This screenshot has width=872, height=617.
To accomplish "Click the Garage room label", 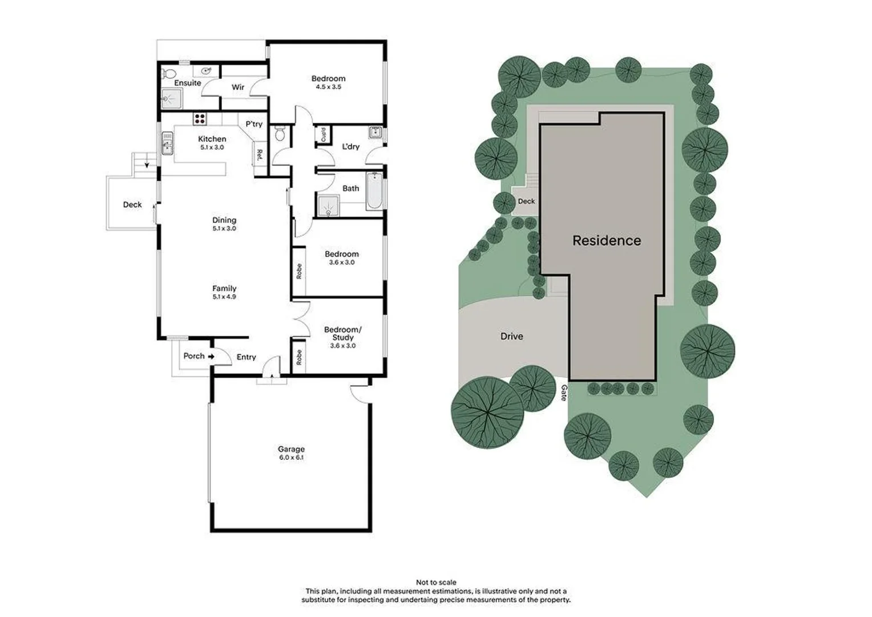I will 291,449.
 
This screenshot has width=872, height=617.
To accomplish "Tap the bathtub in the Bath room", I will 374,190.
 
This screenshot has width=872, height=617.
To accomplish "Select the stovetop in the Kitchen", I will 200,119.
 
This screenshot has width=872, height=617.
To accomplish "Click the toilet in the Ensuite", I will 168,74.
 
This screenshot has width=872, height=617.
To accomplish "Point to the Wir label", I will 238,87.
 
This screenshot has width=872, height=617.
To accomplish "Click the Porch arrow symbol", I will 211,356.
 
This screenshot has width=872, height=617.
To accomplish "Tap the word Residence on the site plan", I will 607,241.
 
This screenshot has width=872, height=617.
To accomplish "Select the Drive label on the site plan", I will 511,336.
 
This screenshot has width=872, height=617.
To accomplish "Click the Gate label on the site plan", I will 564,392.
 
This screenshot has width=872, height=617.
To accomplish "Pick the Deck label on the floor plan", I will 132,205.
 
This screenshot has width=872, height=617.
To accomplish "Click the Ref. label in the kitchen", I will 259,154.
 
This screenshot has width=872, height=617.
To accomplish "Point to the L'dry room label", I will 350,147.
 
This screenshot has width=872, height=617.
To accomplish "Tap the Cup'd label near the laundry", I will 324,135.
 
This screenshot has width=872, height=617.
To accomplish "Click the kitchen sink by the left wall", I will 167,143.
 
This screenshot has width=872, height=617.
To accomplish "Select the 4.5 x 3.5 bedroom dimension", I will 328,87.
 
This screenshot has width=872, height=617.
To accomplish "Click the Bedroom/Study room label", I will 342,334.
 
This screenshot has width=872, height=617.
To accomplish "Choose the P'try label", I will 254,124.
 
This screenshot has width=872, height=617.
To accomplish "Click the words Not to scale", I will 436,583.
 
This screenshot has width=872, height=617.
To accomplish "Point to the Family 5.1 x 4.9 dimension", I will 224,297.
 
